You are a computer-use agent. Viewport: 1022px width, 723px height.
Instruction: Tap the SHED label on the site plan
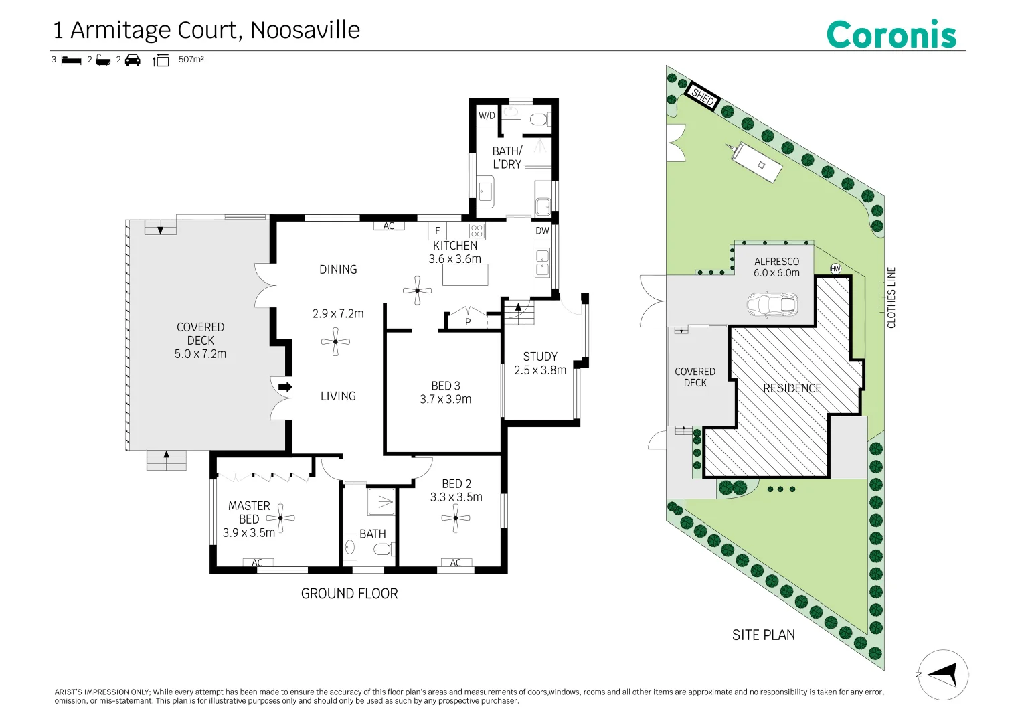(x=703, y=97)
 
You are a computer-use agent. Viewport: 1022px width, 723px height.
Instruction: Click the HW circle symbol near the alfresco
(x=835, y=269)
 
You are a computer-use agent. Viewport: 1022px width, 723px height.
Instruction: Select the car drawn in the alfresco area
(x=772, y=303)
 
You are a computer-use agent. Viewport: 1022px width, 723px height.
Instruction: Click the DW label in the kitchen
(x=542, y=231)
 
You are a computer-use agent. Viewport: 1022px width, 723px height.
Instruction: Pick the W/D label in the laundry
(x=487, y=115)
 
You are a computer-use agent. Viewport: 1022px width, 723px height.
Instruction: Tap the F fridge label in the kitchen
(x=437, y=231)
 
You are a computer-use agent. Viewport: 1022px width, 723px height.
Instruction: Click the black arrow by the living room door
(x=285, y=387)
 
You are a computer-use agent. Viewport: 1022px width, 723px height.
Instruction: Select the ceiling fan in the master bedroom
(x=280, y=518)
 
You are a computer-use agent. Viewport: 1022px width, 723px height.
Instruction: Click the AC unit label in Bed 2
(x=455, y=563)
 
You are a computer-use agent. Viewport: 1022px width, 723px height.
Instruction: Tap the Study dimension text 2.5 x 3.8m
(x=540, y=370)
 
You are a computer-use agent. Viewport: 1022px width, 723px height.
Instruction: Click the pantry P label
(x=468, y=322)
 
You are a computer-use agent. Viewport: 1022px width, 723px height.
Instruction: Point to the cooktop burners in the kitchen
(x=477, y=231)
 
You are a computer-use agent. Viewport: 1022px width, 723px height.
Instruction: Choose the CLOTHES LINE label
(x=891, y=298)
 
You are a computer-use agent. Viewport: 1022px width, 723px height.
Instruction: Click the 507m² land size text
(x=191, y=59)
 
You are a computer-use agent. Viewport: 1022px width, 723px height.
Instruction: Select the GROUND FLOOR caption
(x=349, y=593)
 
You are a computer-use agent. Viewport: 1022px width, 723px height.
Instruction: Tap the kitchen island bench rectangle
(x=465, y=274)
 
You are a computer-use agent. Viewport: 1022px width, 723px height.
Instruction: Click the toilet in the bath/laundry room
(x=540, y=120)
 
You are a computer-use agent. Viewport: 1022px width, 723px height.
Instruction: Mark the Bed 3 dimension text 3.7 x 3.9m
(x=446, y=399)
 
